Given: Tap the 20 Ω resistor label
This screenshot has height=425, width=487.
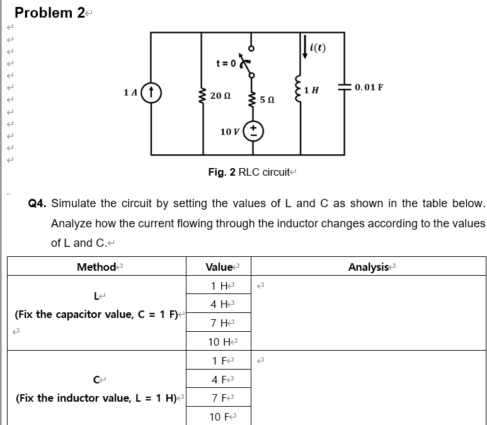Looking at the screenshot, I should (220, 96).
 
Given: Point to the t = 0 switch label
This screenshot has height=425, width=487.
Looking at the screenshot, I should (225, 63).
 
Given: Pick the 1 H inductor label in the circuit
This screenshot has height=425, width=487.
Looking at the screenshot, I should (311, 89).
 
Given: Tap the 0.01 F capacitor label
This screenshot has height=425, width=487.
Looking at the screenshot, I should (369, 86).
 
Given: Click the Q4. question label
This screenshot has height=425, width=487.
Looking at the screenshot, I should (38, 204).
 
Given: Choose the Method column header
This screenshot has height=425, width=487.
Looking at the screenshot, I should (96, 267).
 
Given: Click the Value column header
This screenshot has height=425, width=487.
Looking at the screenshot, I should (219, 267).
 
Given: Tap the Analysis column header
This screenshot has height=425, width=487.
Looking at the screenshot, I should (369, 267).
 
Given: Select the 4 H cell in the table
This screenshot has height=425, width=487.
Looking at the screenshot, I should (219, 305).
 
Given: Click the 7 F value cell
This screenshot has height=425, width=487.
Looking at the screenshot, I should (219, 398).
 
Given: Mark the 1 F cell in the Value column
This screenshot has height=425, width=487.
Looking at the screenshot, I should (219, 361).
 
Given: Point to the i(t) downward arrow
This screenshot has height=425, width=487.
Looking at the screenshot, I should (305, 47).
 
